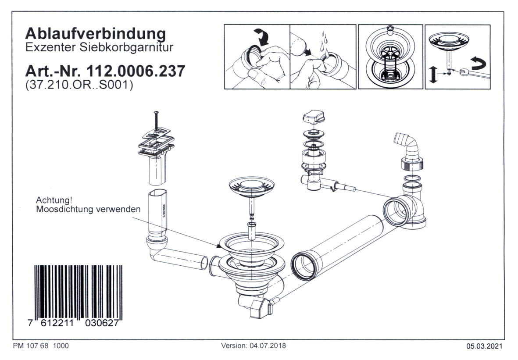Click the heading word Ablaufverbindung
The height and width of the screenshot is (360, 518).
click(96, 33)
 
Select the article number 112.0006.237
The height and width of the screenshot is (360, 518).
click(136, 71)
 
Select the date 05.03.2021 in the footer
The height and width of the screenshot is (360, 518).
click(485, 346)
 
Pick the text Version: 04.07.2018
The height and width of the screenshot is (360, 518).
click(254, 346)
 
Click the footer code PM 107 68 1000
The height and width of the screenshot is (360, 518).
click(41, 346)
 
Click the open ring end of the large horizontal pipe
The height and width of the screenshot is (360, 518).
click(303, 266)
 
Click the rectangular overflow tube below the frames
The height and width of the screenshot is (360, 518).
click(157, 172)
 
